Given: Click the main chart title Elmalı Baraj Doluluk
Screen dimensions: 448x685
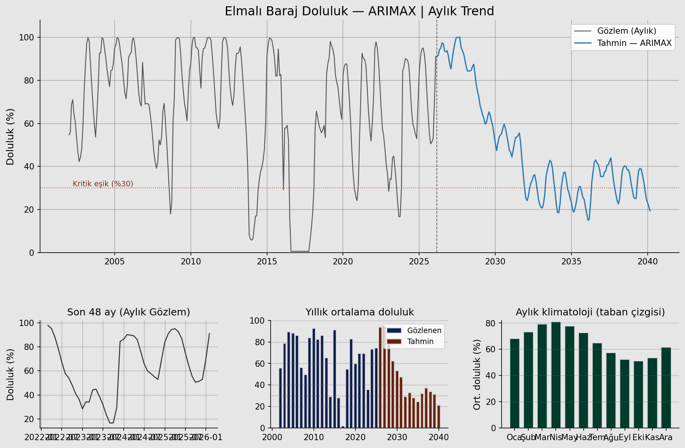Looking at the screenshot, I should [359, 11].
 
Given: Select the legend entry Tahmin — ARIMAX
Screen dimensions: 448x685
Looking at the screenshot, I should [634, 43].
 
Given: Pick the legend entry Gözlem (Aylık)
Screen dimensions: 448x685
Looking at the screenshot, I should [626, 31].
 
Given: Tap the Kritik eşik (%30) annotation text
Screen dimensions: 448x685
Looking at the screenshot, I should [103, 184].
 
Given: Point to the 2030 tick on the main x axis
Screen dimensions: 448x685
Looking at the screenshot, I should [495, 261].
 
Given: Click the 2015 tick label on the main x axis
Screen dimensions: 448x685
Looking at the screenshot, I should [267, 261].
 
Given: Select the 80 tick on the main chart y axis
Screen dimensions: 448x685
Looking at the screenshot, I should [29, 80].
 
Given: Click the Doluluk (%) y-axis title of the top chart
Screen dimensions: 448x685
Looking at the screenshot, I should [10, 137].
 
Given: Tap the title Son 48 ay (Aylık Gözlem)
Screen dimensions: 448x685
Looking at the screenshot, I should [128, 312].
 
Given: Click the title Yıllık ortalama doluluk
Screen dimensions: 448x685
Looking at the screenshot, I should [359, 312].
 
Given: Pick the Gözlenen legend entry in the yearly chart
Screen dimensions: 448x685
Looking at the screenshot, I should [424, 331].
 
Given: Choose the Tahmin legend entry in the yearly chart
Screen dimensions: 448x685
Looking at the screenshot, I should [420, 342].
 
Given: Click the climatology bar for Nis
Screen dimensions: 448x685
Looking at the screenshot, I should [556, 375].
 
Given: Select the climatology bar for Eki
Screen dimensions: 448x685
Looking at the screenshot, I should [638, 394].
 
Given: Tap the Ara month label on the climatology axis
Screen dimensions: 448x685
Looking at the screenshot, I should [666, 437].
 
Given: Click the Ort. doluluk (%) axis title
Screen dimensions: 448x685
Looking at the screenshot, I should [477, 375].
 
